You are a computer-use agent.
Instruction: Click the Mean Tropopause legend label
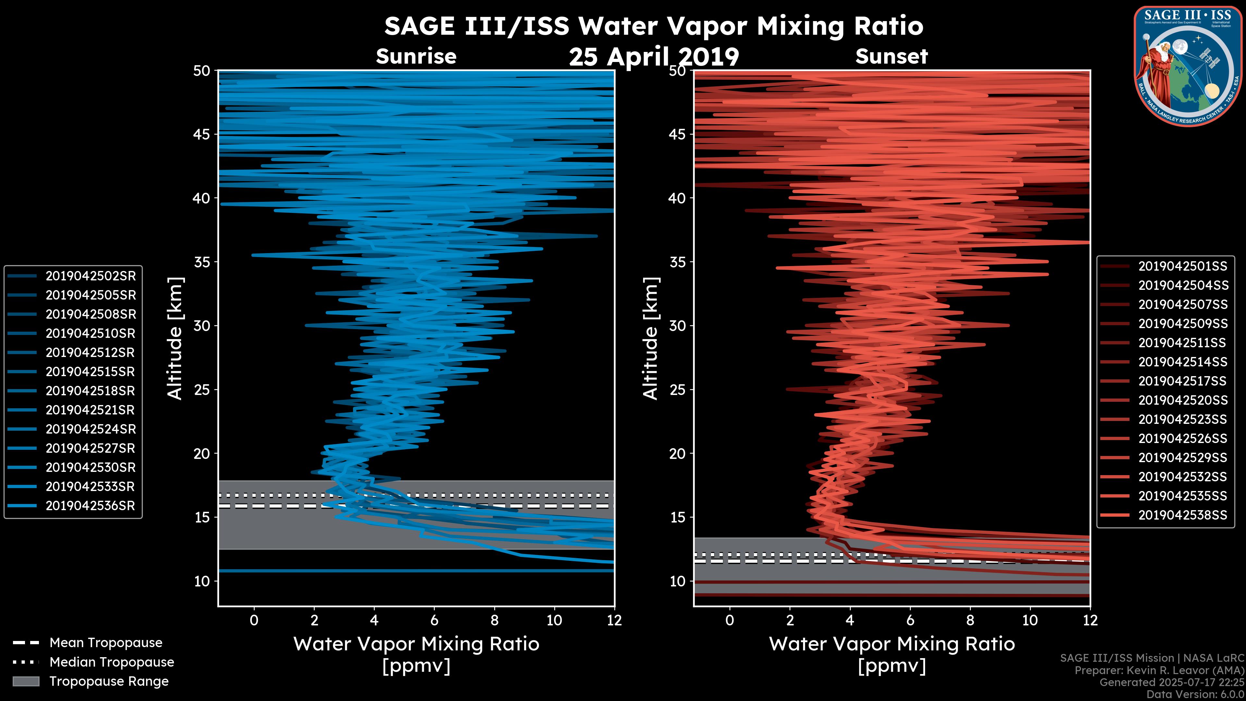(106, 643)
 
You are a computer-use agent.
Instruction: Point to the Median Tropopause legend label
(112, 662)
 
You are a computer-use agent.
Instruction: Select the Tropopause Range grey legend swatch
(26, 681)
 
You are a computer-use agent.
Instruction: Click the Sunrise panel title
(416, 56)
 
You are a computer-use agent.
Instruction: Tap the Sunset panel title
(891, 56)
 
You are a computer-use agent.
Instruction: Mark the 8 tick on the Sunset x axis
(970, 620)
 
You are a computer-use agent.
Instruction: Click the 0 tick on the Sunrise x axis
(254, 620)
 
